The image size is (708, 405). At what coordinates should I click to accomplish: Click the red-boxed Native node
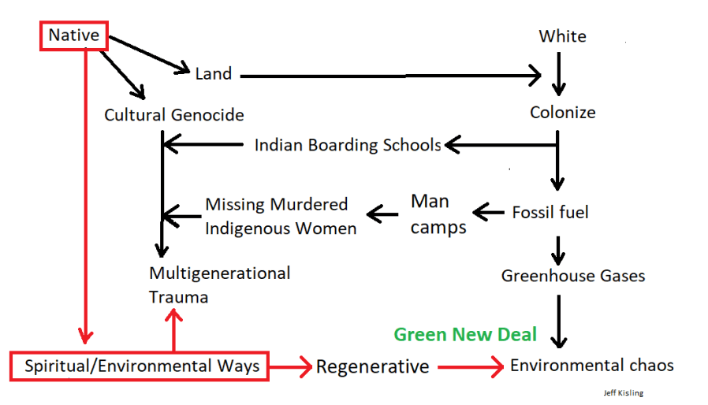pos(73,35)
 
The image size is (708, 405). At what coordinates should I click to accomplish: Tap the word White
pos(562,36)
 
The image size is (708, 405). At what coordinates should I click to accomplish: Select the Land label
pos(213,73)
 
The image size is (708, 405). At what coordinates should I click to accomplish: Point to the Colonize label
pos(562,112)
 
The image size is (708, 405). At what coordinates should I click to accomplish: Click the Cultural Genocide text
pos(174,115)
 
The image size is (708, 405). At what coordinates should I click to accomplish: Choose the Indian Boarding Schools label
pos(348,145)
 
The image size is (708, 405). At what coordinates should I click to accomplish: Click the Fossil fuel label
pos(550,212)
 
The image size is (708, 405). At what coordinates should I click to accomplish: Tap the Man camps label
pos(438,214)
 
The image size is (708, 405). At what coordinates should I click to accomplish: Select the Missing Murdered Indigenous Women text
pos(280,216)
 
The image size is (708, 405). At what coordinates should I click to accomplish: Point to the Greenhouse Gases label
pos(573,276)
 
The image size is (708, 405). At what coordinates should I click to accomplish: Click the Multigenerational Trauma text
pos(219,284)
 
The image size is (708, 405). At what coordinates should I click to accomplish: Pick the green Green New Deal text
pos(465,334)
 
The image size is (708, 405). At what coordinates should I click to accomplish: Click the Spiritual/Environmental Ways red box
pos(141,366)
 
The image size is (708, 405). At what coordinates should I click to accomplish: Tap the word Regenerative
pos(372,366)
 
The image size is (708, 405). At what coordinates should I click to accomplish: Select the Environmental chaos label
pos(592,366)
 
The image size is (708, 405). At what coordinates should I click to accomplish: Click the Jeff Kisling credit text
pos(623,392)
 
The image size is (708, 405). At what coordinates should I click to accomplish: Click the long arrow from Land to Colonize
pos(389,76)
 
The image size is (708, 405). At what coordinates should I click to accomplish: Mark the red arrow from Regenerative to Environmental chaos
pos(470,366)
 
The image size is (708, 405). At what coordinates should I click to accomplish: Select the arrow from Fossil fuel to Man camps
pos(488,212)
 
